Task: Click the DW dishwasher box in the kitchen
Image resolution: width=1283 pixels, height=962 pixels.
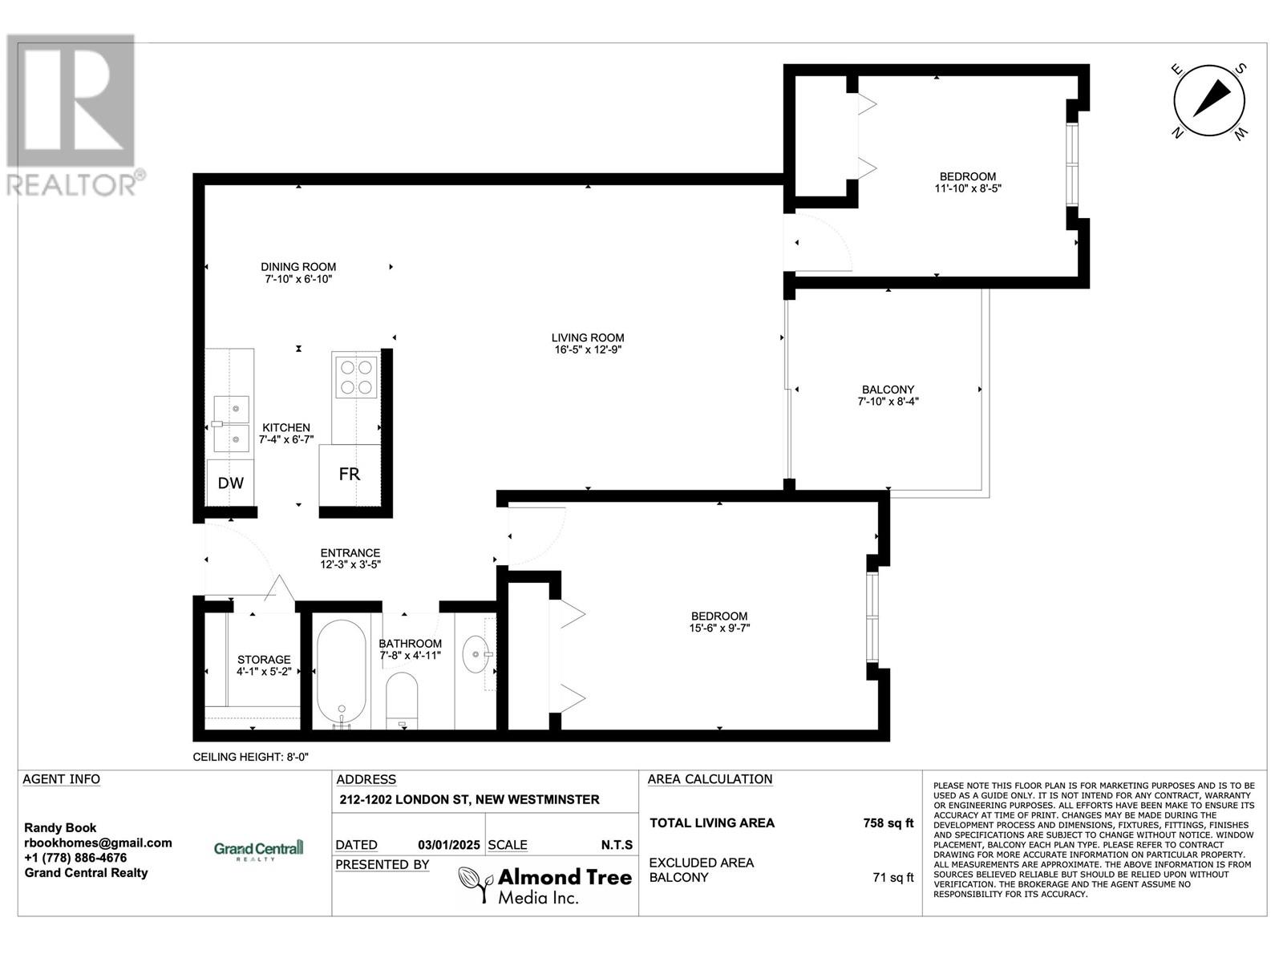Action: (x=230, y=483)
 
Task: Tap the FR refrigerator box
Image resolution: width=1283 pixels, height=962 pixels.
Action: (x=350, y=475)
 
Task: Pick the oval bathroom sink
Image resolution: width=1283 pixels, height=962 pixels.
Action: (x=476, y=654)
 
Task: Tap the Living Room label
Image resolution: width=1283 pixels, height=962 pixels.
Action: (x=588, y=338)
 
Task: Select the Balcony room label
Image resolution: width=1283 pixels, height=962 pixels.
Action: (x=888, y=390)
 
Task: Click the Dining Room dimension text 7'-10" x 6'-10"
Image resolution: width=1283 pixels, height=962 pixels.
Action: (x=298, y=279)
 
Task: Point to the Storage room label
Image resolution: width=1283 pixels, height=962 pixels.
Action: (x=264, y=660)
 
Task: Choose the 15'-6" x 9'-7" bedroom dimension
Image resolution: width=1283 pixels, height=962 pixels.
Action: (x=719, y=629)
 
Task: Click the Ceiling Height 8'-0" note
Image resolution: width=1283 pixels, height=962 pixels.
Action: (x=250, y=757)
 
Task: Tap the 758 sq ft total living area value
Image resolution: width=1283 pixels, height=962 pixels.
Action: (x=888, y=823)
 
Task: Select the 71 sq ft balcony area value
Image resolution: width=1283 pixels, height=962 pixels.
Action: (x=893, y=877)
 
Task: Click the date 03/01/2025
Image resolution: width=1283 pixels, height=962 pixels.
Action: (x=449, y=845)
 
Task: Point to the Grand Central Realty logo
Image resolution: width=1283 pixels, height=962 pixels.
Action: (x=258, y=849)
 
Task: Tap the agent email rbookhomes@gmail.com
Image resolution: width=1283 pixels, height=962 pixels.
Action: (x=98, y=843)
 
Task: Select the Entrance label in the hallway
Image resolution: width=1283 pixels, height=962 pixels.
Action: (x=350, y=552)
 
